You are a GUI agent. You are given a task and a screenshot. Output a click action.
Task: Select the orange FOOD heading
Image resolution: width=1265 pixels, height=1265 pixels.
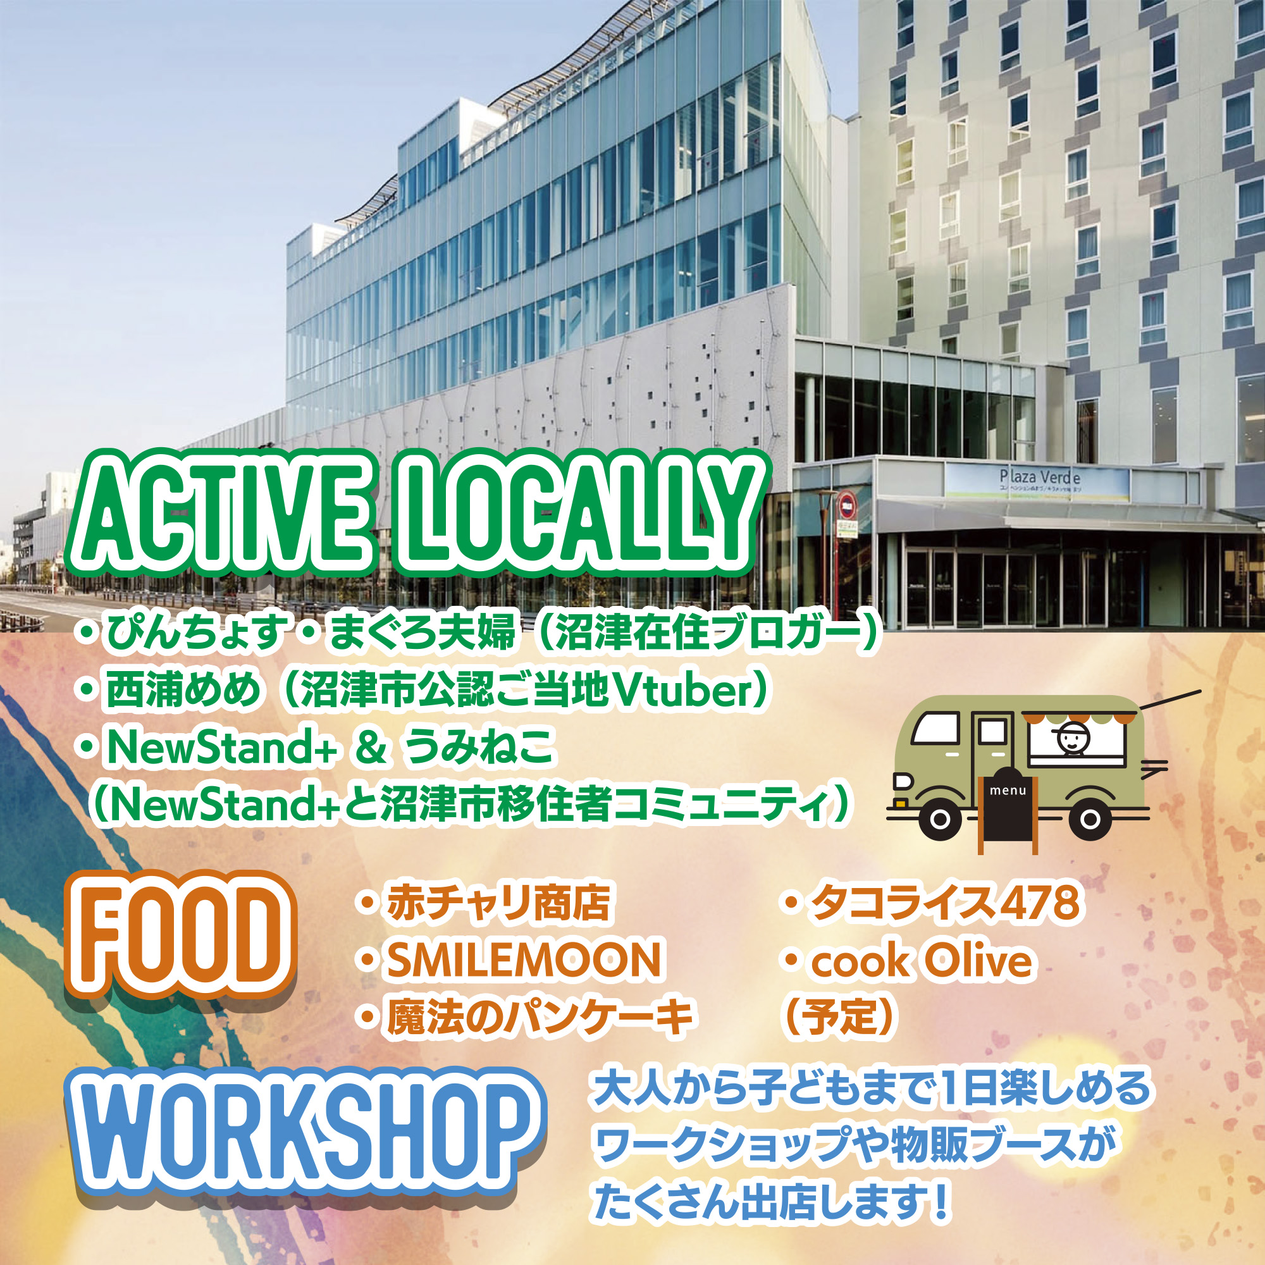pyautogui.click(x=181, y=935)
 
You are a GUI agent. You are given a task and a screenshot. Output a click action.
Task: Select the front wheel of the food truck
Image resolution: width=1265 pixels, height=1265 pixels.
pyautogui.click(x=940, y=819)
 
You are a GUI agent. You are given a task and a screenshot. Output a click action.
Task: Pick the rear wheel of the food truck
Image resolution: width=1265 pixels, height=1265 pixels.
pyautogui.click(x=1090, y=819)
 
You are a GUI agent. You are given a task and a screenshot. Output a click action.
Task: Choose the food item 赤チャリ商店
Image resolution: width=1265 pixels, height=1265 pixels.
pyautogui.click(x=498, y=903)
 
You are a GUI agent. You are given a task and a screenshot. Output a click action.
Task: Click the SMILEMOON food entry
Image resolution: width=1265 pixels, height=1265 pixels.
pyautogui.click(x=524, y=960)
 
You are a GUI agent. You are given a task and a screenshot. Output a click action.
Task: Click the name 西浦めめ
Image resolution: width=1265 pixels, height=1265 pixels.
pyautogui.click(x=183, y=691)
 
